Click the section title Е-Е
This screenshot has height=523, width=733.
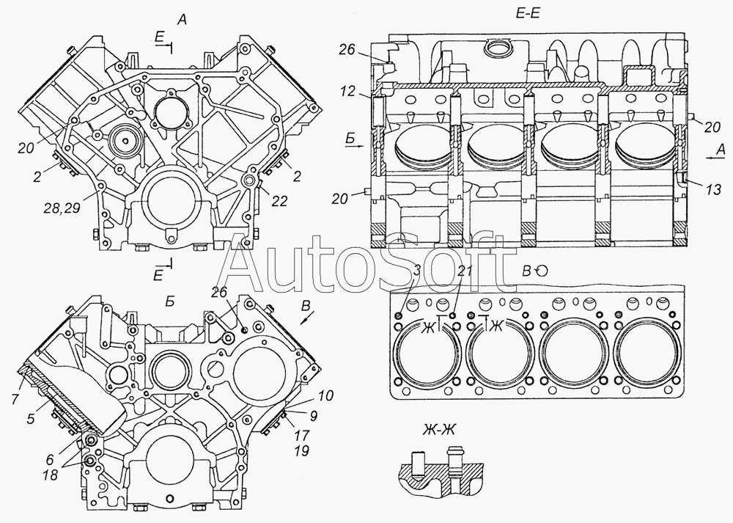(x=527, y=13)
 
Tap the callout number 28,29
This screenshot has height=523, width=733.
(x=62, y=208)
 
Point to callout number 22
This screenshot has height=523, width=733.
(x=279, y=201)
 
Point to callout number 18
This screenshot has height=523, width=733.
(x=50, y=475)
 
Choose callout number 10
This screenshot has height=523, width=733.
(x=326, y=396)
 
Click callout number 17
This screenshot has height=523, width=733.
(x=302, y=436)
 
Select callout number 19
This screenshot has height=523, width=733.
(x=302, y=451)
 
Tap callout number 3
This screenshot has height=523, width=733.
(x=418, y=270)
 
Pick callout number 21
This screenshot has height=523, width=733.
(x=466, y=270)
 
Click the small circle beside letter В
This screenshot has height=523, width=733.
(x=542, y=271)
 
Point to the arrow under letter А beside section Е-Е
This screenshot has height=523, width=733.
(x=714, y=158)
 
